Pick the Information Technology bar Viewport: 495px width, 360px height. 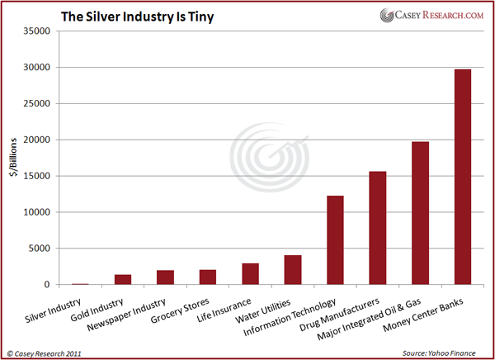pos(335,240)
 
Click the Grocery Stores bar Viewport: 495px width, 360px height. pos(208,277)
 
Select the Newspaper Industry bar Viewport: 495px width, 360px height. pos(165,277)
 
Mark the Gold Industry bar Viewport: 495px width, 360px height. pos(123,280)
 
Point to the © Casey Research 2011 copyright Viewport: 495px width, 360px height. pos(49,353)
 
